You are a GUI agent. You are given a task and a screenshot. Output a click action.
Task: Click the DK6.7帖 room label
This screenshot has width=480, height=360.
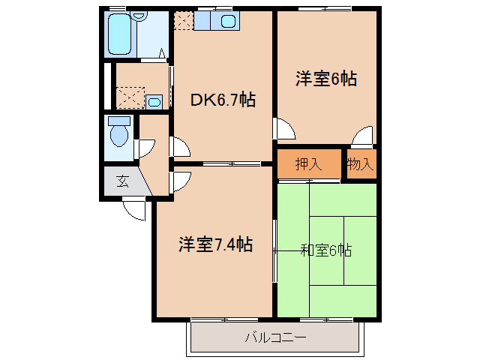[223, 100]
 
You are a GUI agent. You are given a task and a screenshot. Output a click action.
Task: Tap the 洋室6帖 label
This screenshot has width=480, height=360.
[325, 78]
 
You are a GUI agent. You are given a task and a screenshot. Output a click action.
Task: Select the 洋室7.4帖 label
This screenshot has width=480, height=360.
[214, 244]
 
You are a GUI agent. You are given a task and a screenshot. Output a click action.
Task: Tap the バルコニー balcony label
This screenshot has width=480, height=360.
[275, 337]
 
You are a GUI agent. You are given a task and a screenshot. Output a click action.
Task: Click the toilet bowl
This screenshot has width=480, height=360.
[118, 134]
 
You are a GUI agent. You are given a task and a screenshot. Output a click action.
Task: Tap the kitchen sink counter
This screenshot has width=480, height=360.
[216, 22]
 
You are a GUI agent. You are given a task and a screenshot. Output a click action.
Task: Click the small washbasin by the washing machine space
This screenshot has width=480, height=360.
[154, 101]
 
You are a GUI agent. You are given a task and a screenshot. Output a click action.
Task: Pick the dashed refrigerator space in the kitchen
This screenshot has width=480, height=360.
[183, 20]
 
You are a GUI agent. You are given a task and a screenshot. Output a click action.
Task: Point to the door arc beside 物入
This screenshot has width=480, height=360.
[364, 136]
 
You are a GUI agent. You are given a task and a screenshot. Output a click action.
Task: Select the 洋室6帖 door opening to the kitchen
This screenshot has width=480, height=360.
[283, 128]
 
